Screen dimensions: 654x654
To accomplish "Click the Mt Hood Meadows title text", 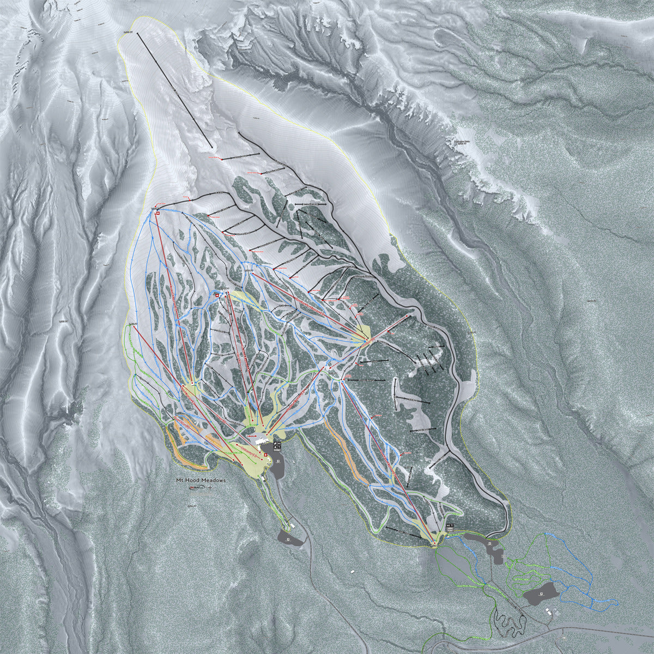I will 200,480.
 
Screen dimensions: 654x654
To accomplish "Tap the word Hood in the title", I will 195,480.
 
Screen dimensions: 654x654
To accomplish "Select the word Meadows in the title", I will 214,480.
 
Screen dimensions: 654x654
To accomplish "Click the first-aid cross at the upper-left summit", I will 157,213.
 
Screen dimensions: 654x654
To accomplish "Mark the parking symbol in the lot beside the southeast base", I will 490,543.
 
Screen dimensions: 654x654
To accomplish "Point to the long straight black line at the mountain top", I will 174,90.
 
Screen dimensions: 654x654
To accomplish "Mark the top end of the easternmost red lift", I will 407,316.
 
